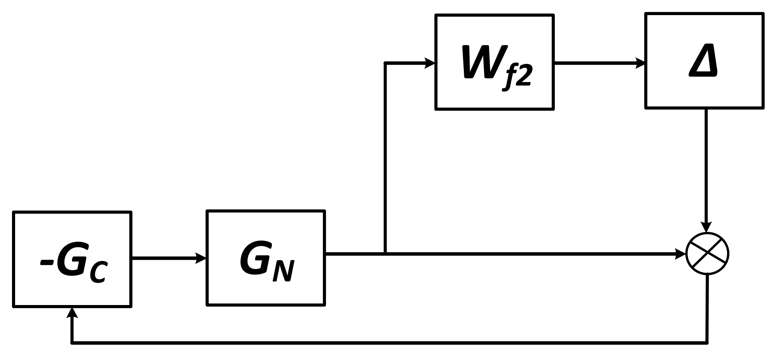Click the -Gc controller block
72,259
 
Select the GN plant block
266,258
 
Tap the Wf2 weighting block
494,62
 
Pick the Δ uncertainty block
704,61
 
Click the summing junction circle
707,254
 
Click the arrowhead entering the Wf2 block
430,63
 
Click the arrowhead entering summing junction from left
680,254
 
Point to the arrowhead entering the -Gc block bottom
72,313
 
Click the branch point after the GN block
385,254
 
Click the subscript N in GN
283,271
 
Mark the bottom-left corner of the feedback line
72,343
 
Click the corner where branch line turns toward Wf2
385,63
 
